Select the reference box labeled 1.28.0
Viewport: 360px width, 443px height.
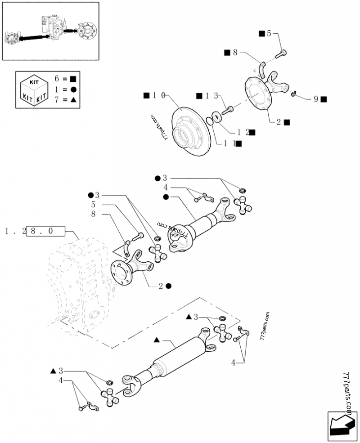click(x=45, y=231)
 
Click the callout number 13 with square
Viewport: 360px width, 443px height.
click(x=207, y=95)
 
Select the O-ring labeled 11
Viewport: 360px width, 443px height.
click(x=210, y=121)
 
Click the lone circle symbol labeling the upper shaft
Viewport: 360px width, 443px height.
click(x=166, y=197)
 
